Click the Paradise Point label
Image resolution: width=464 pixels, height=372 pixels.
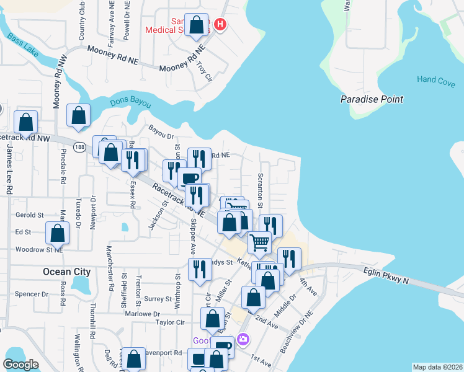372,99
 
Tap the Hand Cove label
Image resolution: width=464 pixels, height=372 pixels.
435,79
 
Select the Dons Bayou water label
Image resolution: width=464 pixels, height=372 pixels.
130,103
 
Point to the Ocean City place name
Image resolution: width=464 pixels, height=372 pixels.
66,272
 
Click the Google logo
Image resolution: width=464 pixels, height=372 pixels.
21,365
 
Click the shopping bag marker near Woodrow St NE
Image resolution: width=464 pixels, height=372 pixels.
57,234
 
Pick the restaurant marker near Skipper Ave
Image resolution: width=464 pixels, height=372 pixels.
198,269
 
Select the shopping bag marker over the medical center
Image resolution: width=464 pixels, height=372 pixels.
197,25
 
